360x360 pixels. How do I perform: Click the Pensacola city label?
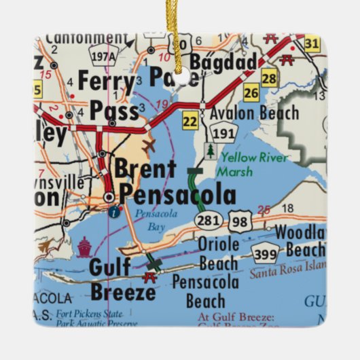tap(178, 195)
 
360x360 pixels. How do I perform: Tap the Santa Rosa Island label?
tap(289, 274)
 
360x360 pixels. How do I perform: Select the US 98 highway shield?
tap(240, 219)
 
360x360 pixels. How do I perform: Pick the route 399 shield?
tap(266, 253)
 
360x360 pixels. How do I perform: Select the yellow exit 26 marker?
tap(251, 93)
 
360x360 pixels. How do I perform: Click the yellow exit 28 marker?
tap(270, 78)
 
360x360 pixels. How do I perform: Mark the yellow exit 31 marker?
tap(312, 44)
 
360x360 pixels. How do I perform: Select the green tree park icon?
tap(211, 151)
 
